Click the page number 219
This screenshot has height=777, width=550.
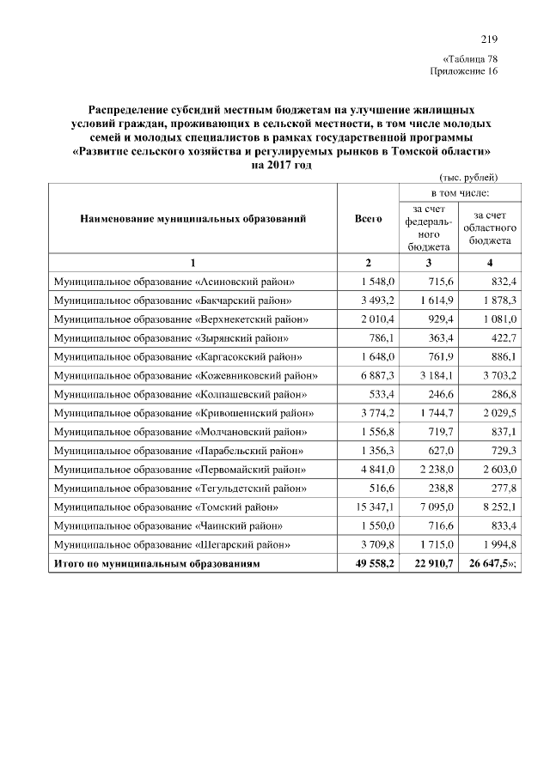(489, 39)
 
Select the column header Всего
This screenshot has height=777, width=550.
(368, 219)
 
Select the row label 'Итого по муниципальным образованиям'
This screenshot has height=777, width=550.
(156, 564)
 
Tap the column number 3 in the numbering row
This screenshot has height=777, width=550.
(428, 262)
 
